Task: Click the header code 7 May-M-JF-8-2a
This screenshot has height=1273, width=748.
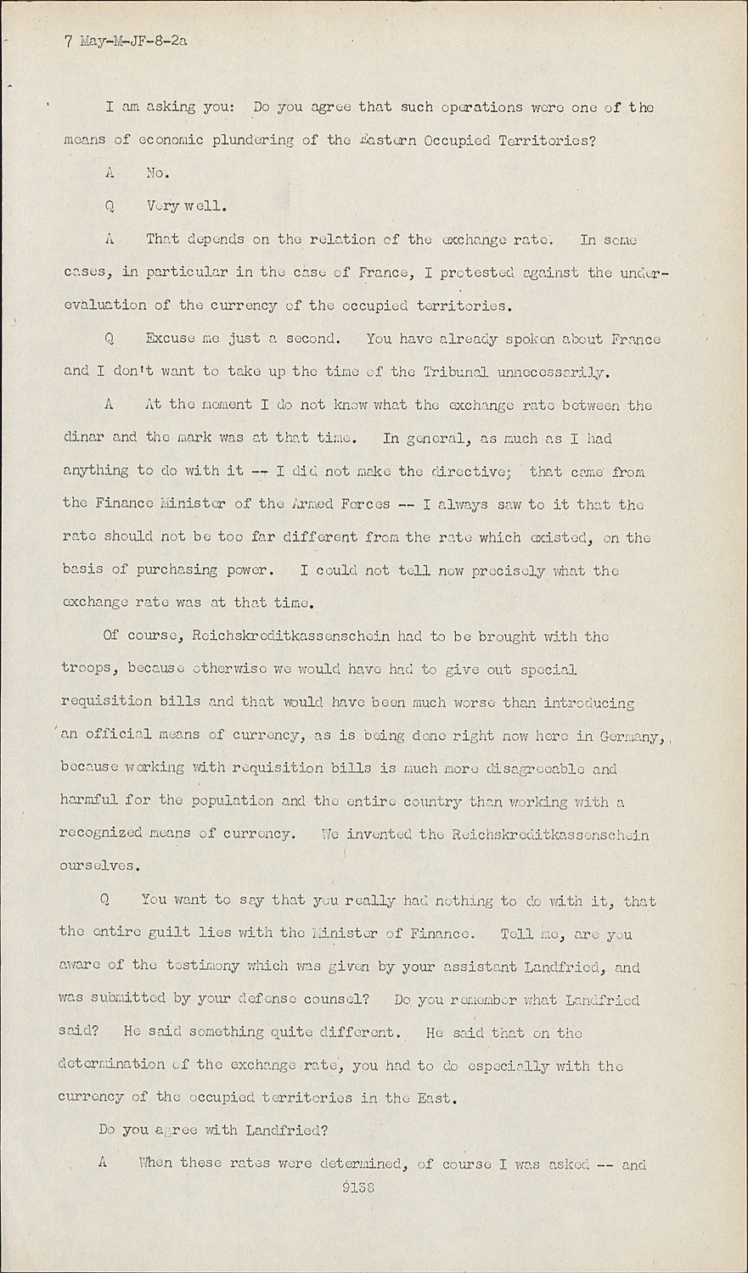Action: pyautogui.click(x=125, y=40)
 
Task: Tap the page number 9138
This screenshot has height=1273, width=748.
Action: pyautogui.click(x=357, y=1188)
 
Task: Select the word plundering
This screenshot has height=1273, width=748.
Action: pyautogui.click(x=256, y=140)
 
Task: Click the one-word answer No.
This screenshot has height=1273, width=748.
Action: pyautogui.click(x=158, y=173)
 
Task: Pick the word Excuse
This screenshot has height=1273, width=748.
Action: pyautogui.click(x=170, y=339)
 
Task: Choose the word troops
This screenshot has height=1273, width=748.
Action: pyautogui.click(x=87, y=669)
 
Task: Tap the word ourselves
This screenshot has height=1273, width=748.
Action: pyautogui.click(x=98, y=866)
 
